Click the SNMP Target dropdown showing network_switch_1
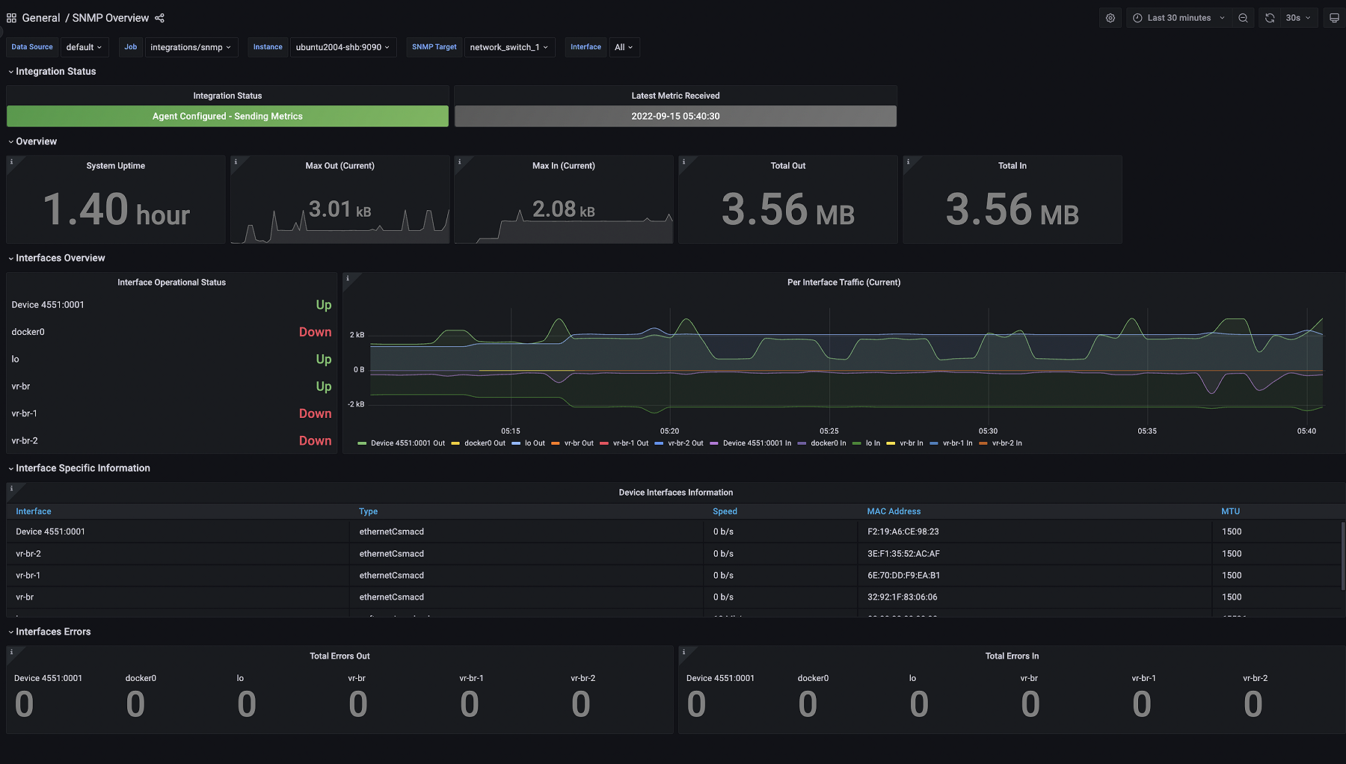[x=508, y=47]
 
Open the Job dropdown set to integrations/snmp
[x=190, y=47]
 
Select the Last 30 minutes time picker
[x=1178, y=18]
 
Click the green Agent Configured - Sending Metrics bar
[x=227, y=116]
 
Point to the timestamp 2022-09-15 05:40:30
[x=675, y=116]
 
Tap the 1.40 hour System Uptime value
[x=116, y=209]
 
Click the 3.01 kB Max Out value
[x=339, y=209]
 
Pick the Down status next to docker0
[x=315, y=332]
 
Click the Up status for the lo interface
[x=323, y=360]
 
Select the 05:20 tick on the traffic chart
[x=669, y=431]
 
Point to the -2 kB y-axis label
[x=356, y=404]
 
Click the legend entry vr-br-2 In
[x=1007, y=443]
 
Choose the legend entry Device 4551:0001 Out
[x=408, y=443]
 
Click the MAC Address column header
[x=894, y=511]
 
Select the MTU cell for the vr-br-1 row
[x=1231, y=576]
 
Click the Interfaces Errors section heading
[x=53, y=632]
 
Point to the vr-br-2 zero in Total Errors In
[x=1253, y=704]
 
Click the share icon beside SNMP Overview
[x=159, y=18]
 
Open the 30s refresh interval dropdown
[x=1297, y=18]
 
